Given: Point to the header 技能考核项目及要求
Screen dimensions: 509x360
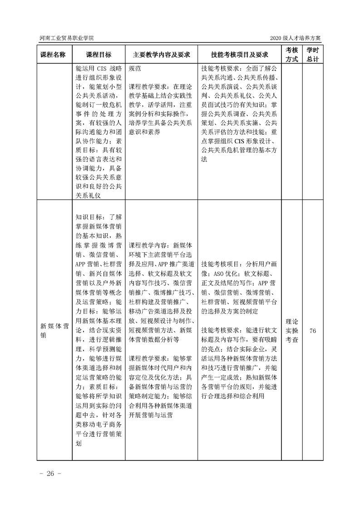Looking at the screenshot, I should (239, 54).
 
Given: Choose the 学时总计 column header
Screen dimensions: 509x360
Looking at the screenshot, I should (312, 54).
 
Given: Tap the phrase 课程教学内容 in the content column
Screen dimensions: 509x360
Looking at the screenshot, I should (148, 244).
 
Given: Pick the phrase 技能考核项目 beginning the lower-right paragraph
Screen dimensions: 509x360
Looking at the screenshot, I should (220, 264).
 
